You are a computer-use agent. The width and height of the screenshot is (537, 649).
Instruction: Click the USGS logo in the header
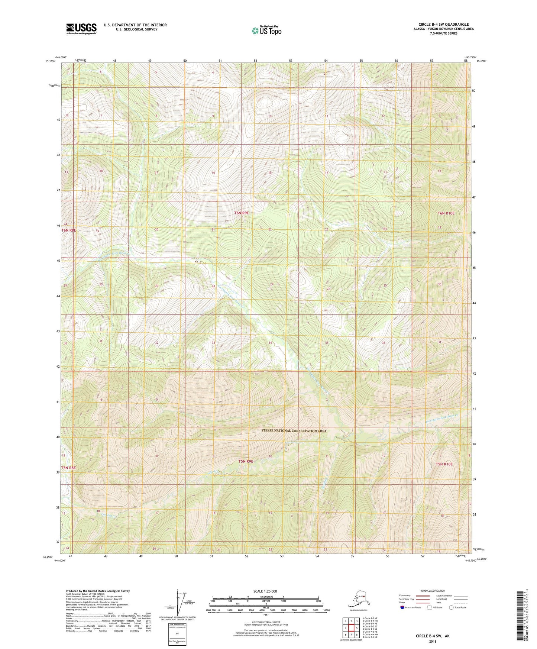[x=81, y=29]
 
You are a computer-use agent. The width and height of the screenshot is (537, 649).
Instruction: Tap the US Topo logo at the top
[x=266, y=30]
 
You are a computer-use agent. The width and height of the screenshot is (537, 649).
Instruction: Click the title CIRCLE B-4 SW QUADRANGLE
[x=443, y=25]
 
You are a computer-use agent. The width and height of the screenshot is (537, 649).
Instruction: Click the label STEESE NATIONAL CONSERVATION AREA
[x=294, y=431]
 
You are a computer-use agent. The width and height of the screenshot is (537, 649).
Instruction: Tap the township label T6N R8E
[x=68, y=230]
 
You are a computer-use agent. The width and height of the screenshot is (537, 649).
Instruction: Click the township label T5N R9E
[x=246, y=461]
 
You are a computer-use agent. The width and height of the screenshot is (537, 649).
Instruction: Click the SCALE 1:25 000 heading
[x=265, y=591]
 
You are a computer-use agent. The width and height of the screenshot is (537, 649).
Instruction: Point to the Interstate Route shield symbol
[x=402, y=607]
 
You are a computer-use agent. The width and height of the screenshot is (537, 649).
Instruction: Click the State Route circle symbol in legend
[x=451, y=607]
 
